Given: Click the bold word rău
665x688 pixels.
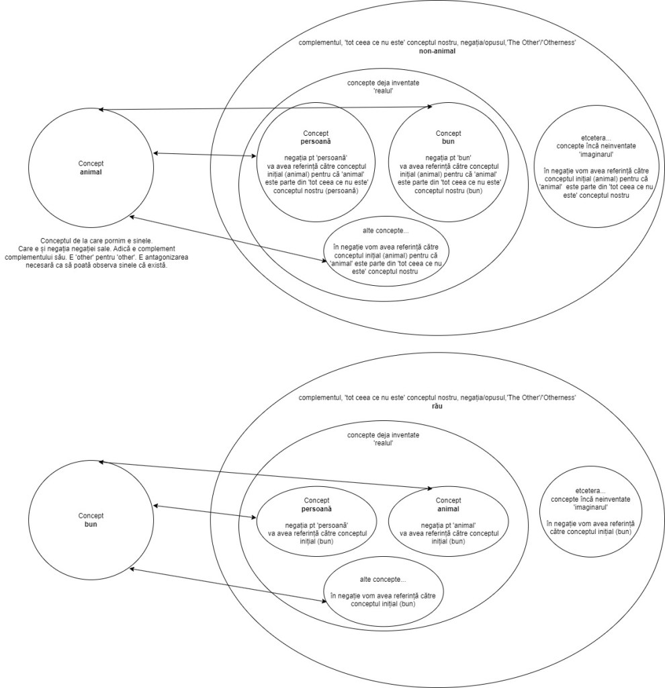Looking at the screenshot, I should pos(437,406).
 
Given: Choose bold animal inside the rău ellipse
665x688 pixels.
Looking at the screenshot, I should pos(448,509).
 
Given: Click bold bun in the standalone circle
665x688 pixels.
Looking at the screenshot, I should pos(91,523).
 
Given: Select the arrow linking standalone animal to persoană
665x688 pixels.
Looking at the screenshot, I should pos(204,155).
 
